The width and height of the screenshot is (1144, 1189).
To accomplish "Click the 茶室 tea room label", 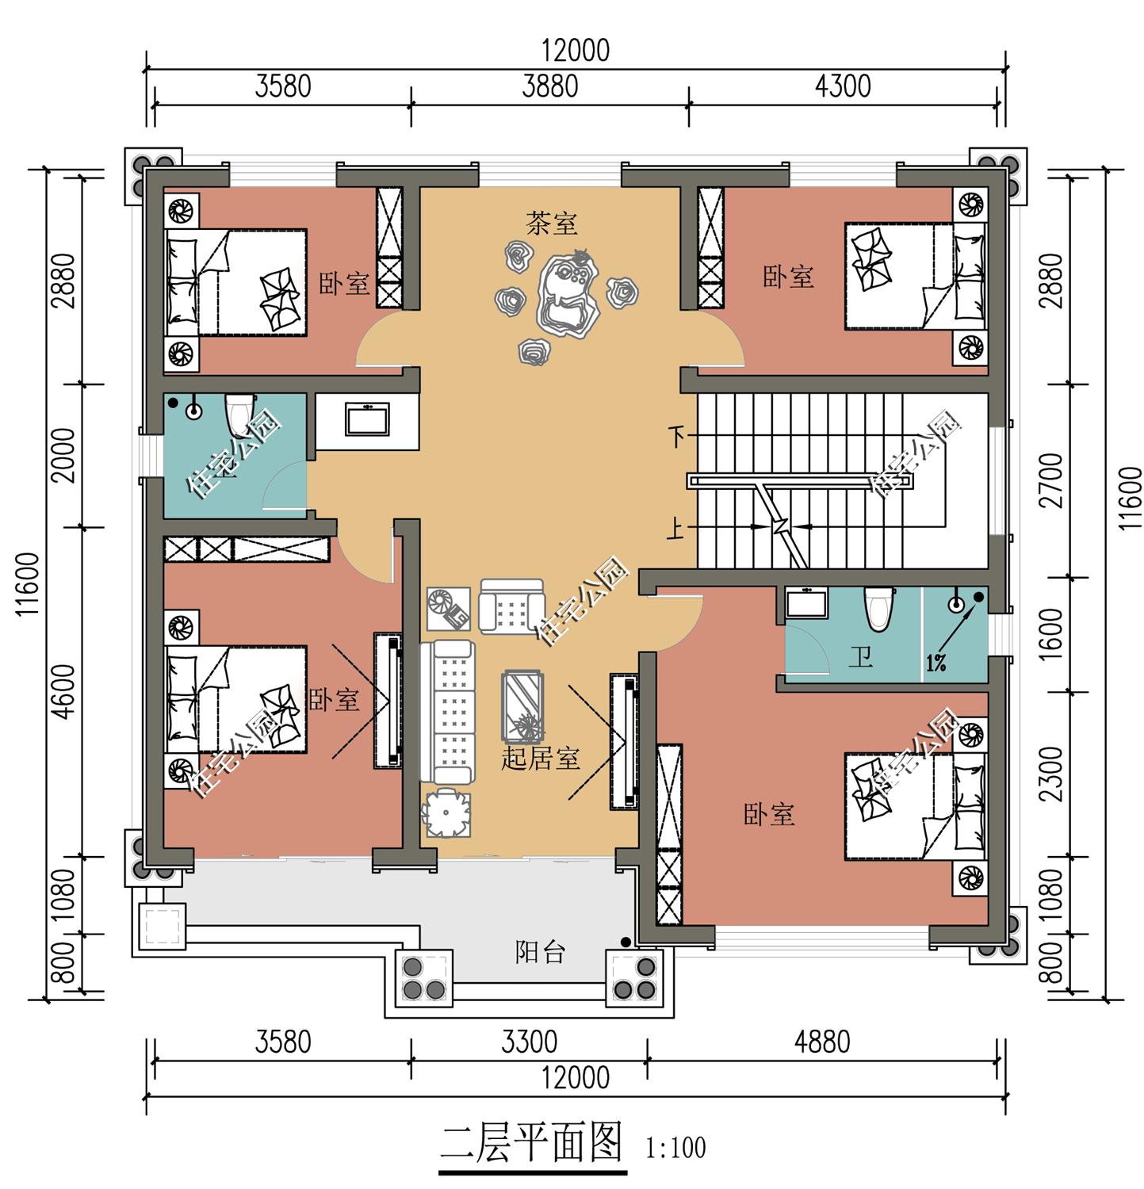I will [552, 224].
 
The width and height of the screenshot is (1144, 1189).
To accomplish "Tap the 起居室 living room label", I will [540, 759].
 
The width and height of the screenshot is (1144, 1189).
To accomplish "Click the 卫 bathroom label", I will [860, 657].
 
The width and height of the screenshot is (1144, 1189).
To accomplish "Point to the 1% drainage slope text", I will [935, 663].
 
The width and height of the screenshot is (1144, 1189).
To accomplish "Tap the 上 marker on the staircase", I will [675, 529].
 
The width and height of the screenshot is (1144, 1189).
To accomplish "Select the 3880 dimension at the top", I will [549, 86].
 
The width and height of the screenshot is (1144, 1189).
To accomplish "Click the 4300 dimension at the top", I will [842, 86].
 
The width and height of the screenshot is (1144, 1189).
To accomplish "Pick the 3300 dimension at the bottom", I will [529, 1042].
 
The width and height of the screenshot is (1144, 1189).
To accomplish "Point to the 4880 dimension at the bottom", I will [822, 1042].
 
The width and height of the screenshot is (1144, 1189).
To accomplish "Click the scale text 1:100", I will [675, 1147].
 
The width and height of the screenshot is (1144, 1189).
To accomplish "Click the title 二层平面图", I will [532, 1142].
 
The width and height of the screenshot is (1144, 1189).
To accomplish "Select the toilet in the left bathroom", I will [238, 412].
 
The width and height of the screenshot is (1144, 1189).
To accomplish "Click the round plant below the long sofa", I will [446, 813].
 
